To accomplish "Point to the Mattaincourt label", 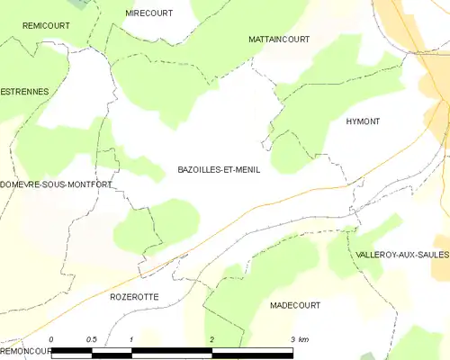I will [x=279, y=40].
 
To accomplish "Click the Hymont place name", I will [x=363, y=121].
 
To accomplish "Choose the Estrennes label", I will [x=24, y=92].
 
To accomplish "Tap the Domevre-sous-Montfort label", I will [x=56, y=184].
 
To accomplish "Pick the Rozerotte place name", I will [x=134, y=296].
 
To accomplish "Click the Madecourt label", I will [x=295, y=306].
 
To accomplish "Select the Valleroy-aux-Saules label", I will [x=402, y=255].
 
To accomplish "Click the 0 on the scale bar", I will [x=52, y=339].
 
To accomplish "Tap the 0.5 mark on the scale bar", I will [x=91, y=339].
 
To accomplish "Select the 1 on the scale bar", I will [x=131, y=339].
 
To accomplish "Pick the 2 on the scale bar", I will [x=211, y=339].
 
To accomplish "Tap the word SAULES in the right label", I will [x=432, y=255].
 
